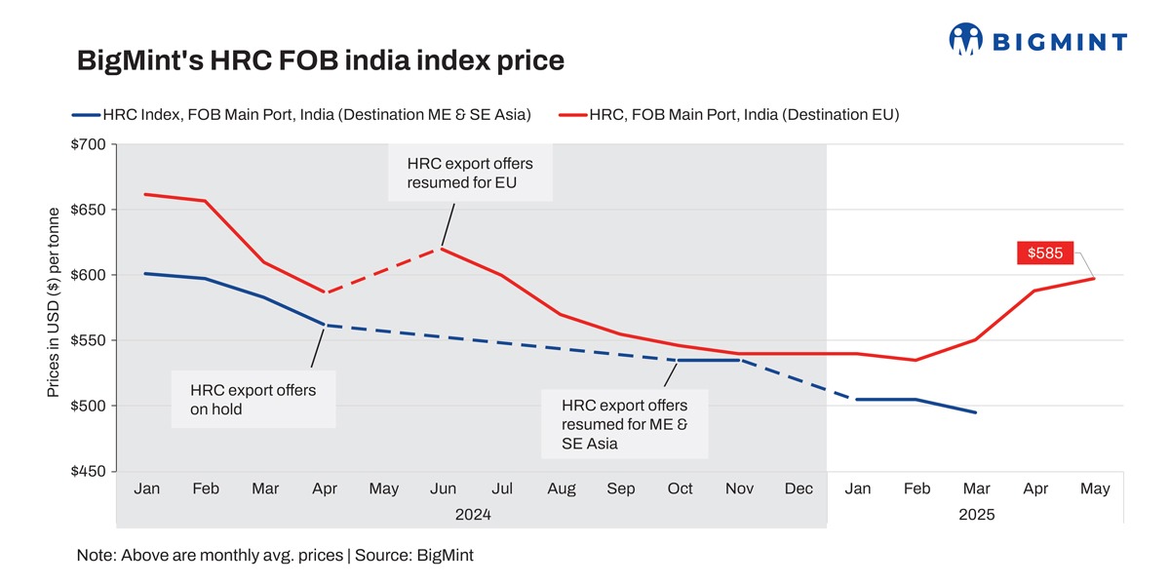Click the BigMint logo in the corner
point(1037,40)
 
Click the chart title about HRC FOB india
point(321,61)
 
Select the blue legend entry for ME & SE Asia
point(302,115)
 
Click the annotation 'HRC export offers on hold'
point(253,400)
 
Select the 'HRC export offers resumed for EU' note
point(470,173)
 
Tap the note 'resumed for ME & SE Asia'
point(625,424)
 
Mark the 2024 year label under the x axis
point(472,514)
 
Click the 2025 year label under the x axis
point(976,514)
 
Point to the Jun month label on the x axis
point(443,489)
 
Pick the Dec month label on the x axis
point(799,489)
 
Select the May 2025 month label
point(1095,489)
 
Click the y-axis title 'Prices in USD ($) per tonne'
point(55,302)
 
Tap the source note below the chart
point(275,556)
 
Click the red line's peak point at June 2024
point(443,249)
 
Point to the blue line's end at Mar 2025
point(976,412)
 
